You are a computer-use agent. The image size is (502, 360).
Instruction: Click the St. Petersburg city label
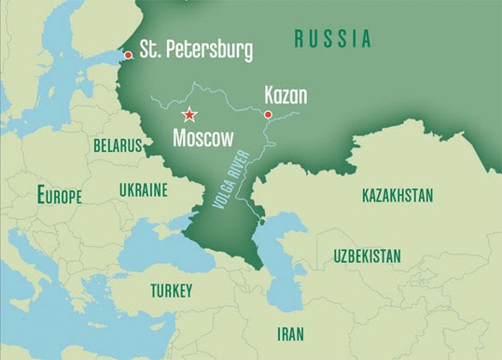(x=196, y=50)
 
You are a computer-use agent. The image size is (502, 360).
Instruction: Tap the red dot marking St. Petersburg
(x=128, y=55)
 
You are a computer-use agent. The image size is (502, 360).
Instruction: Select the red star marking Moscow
(x=189, y=115)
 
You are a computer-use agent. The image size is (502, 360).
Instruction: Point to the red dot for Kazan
(x=268, y=115)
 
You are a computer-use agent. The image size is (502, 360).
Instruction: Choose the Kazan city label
(x=286, y=95)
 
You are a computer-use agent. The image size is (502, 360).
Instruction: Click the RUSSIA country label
(x=332, y=39)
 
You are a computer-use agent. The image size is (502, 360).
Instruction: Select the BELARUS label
(x=118, y=146)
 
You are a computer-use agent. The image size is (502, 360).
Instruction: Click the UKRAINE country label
(x=143, y=190)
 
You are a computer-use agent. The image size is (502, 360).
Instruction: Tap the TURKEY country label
(x=171, y=291)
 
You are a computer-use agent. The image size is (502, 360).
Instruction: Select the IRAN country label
(x=290, y=332)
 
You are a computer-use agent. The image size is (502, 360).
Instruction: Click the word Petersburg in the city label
(x=207, y=50)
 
